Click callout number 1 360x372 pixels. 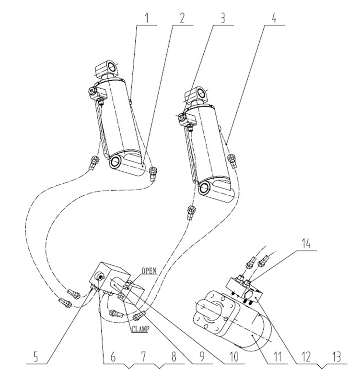[x=147, y=18]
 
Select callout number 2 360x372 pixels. [x=182, y=18]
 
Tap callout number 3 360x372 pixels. [x=222, y=18]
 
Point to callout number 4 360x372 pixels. [x=274, y=18]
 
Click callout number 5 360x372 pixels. [x=35, y=357]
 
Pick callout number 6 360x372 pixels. [x=113, y=357]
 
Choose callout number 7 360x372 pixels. [x=143, y=357]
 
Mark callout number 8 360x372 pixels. [x=174, y=357]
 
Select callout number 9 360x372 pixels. [x=202, y=357]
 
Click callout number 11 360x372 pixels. [x=277, y=357]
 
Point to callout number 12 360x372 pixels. [x=306, y=357]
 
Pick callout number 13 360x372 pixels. [x=336, y=357]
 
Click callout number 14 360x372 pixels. [x=306, y=244]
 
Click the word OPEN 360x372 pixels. [x=149, y=271]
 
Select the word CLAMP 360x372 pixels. [x=140, y=329]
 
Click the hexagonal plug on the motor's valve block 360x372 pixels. [x=249, y=294]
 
